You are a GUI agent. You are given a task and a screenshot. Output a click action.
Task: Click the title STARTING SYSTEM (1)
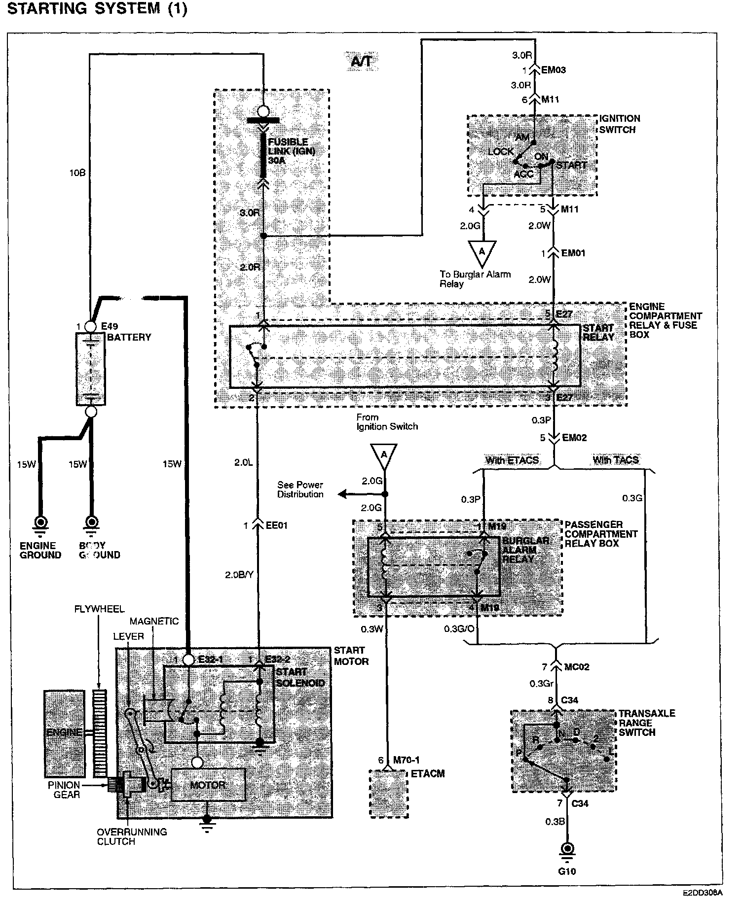pyautogui.click(x=98, y=9)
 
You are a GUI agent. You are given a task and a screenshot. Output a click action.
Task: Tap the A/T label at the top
pyautogui.click(x=361, y=62)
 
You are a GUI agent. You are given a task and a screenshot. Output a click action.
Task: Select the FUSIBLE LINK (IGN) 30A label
pyautogui.click(x=291, y=151)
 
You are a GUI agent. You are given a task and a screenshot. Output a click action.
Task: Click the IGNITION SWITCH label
pyautogui.click(x=619, y=124)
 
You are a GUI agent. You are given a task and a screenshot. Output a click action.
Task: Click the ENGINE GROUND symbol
pyautogui.click(x=40, y=522)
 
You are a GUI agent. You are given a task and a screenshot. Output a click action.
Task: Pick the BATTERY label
pyautogui.click(x=129, y=338)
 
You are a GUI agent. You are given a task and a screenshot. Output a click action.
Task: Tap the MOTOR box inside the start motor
pyautogui.click(x=208, y=785)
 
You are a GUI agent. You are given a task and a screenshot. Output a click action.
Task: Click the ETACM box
pyautogui.click(x=389, y=794)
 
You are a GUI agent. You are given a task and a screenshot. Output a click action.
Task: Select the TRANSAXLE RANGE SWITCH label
pyautogui.click(x=646, y=723)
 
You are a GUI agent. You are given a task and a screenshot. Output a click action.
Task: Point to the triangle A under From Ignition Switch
pyautogui.click(x=384, y=455)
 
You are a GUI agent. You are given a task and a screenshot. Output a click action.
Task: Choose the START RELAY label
pyautogui.click(x=598, y=333)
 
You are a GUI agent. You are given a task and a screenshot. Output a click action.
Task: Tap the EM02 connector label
pyautogui.click(x=574, y=438)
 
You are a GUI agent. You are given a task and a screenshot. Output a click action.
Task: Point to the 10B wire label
pyautogui.click(x=77, y=173)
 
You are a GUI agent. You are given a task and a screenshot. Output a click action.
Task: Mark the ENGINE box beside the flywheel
pyautogui.click(x=64, y=733)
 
